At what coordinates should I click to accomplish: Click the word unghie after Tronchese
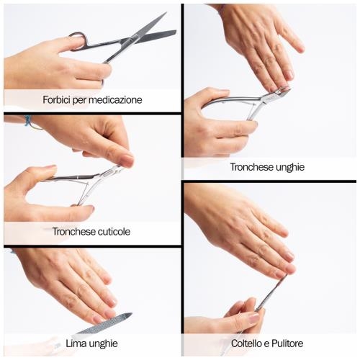tap(290, 167)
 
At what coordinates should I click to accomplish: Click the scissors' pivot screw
tap(131, 39)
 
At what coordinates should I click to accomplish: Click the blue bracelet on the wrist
tap(28, 120)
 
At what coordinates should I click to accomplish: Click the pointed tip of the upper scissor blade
tap(166, 12)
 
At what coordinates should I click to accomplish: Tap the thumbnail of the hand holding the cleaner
tap(253, 318)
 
